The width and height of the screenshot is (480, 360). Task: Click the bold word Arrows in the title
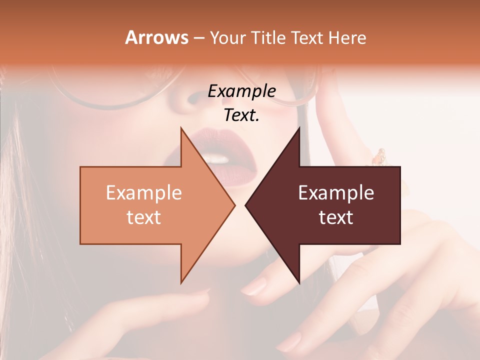point(156,37)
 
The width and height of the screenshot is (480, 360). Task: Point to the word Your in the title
point(227,37)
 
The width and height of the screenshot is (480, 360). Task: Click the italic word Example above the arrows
point(241,91)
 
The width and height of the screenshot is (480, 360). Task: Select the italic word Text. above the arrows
point(241,115)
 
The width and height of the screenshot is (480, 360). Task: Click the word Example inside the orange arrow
point(144,192)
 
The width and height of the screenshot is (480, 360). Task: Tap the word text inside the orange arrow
point(144,217)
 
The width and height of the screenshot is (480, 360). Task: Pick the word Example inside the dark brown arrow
point(336,192)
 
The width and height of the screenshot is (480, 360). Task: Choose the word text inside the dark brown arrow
point(336,217)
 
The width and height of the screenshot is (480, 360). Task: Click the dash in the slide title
point(198,38)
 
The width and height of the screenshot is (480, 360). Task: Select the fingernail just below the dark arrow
point(255,286)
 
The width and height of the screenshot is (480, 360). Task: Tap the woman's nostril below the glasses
point(192,97)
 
